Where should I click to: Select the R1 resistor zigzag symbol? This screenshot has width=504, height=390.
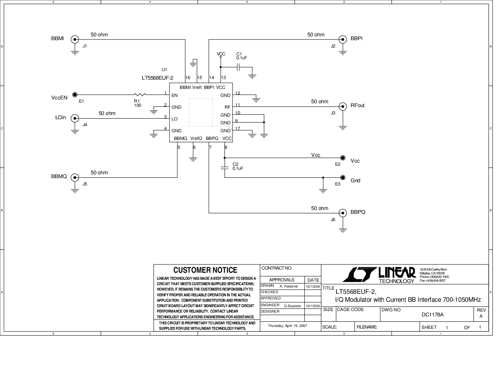[x=140, y=95]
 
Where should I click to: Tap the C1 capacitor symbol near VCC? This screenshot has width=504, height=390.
[x=238, y=67]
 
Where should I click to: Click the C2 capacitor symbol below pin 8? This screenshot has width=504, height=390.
[x=225, y=168]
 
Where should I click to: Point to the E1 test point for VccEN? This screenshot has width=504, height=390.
[x=75, y=95]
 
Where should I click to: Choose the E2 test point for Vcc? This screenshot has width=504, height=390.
[x=343, y=158]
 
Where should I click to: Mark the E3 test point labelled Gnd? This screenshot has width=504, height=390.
[x=343, y=177]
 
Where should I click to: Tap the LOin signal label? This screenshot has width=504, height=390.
[x=60, y=118]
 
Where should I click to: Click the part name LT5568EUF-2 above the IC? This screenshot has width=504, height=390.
[x=157, y=78]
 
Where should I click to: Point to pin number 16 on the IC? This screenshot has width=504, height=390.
[x=188, y=77]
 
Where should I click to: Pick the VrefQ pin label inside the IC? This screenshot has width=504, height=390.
[x=196, y=138]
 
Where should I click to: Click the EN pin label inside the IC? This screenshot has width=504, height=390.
[x=174, y=95]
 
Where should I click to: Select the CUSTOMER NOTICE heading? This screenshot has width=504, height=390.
[x=205, y=270]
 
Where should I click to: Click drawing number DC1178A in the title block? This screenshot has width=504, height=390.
[x=432, y=315]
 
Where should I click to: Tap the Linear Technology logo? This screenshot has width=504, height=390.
[x=379, y=275]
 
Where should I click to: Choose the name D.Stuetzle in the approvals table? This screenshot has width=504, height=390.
[x=292, y=306]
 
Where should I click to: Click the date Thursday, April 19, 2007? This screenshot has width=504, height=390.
[x=287, y=326]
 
